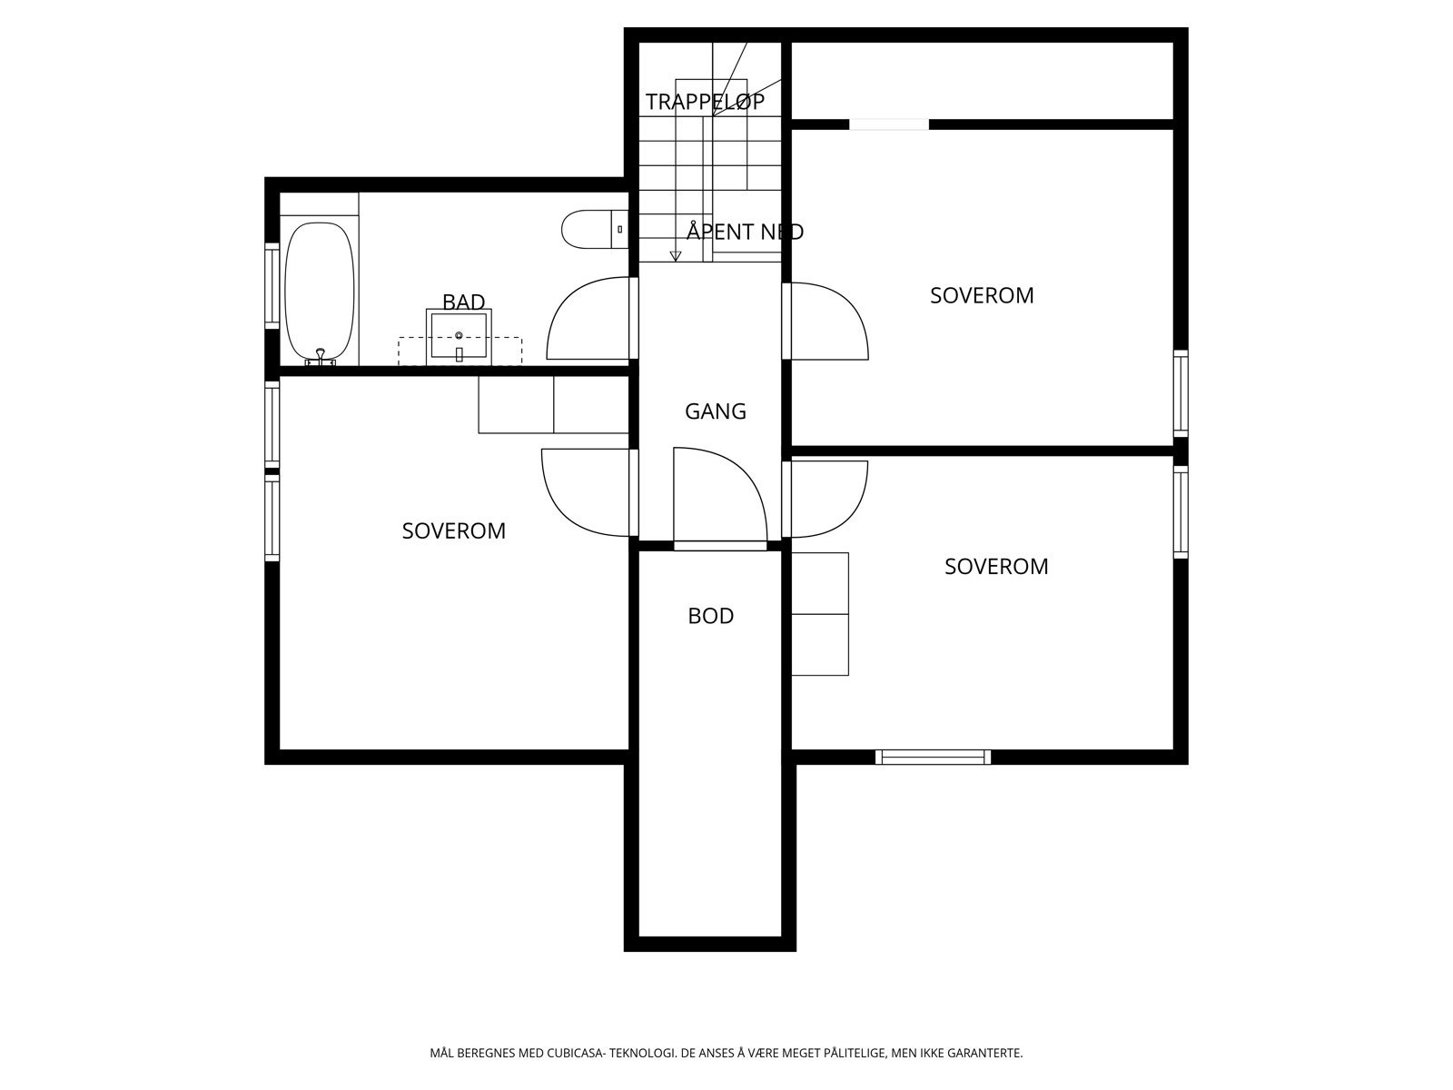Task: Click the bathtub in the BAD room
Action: [319, 291]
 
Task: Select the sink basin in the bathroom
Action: [459, 337]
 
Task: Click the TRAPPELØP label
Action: [705, 102]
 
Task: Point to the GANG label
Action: [716, 411]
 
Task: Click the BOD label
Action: [710, 616]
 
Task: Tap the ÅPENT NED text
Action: [745, 232]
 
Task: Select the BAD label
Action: [463, 302]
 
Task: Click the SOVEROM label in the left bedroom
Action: [453, 530]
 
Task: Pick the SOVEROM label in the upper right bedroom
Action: [982, 295]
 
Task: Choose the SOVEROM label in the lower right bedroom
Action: [996, 566]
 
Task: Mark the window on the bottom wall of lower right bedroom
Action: [933, 757]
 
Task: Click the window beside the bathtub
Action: [272, 285]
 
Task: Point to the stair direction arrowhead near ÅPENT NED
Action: [675, 257]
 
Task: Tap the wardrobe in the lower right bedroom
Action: [819, 614]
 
